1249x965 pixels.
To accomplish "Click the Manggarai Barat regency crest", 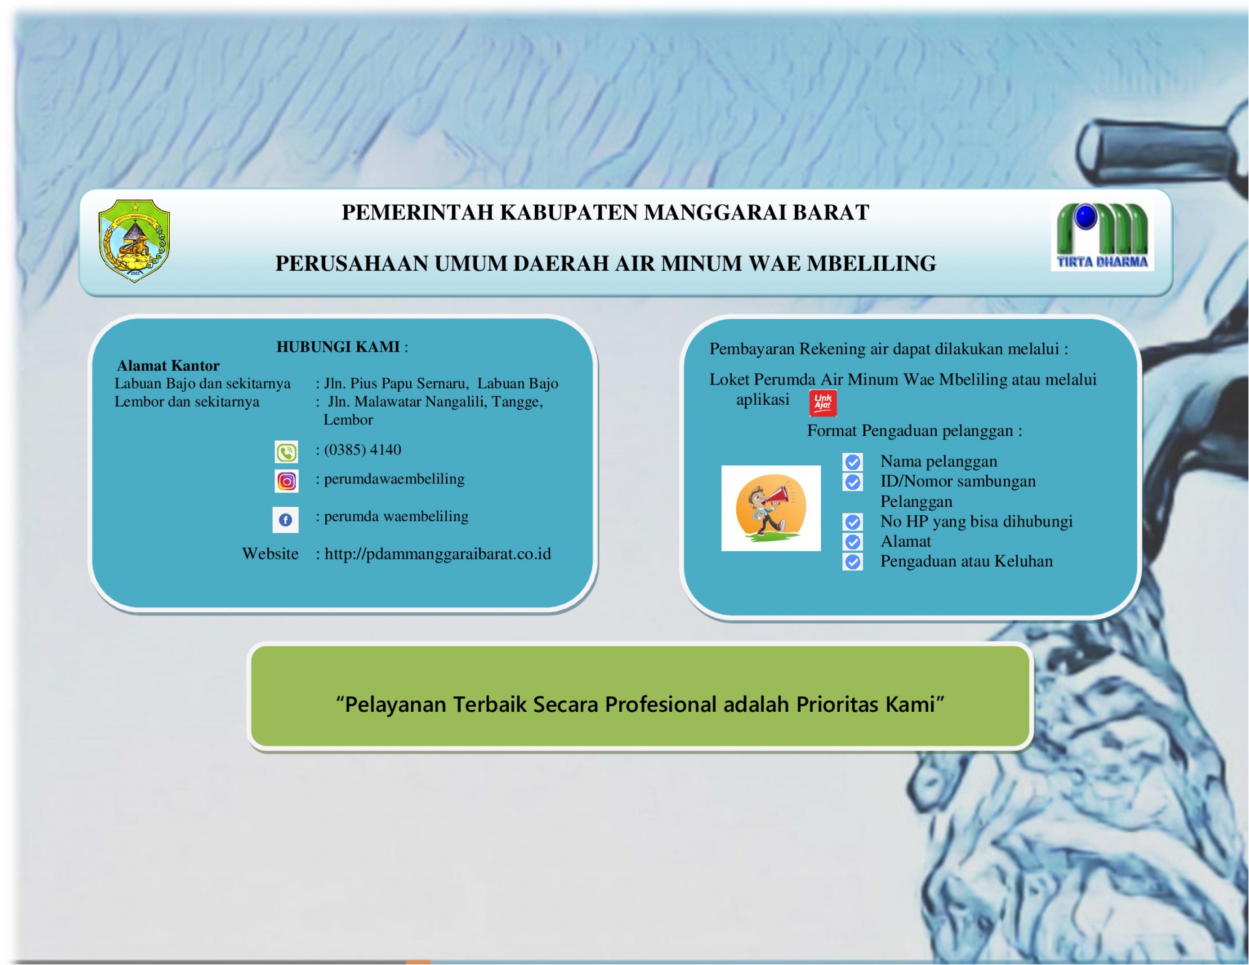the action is coord(134,241).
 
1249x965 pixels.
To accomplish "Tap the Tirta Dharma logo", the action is coord(1102,236).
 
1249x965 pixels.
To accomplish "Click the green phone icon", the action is coord(286,452).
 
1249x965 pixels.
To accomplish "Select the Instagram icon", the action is coord(286,482).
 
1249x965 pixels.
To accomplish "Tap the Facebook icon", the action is coord(286,520).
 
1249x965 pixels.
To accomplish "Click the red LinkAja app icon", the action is coord(823,403).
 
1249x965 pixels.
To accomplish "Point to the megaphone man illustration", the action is coord(771,508).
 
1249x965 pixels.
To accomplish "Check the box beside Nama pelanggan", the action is coord(853,462).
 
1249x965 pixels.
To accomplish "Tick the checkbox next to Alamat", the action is coord(853,542).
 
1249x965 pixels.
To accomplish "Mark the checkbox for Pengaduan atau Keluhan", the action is coord(853,562).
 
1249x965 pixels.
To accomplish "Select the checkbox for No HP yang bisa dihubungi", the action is coord(853,522).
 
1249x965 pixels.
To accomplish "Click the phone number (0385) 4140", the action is coord(363,450).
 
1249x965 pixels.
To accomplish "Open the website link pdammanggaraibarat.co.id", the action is coord(438,554).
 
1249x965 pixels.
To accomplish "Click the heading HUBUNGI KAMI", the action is coord(338,347).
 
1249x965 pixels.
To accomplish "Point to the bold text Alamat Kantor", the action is coord(168,366).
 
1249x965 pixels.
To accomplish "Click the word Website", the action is coord(271,554).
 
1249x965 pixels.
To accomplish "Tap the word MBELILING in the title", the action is coord(872,264).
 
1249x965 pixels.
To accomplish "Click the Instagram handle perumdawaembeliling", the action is coord(394,479).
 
